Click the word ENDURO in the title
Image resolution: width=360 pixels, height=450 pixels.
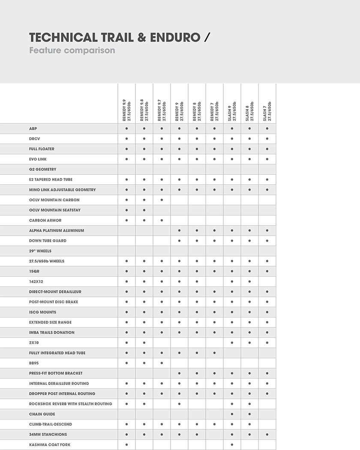(175, 38)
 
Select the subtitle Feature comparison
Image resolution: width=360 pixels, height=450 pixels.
(72, 51)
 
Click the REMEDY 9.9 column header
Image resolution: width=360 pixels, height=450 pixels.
(126, 110)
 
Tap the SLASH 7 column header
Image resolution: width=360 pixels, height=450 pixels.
(267, 110)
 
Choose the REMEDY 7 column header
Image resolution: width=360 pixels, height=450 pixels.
(214, 110)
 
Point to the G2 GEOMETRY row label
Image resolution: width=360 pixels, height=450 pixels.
(43, 170)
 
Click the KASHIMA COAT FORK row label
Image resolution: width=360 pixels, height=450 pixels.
(50, 445)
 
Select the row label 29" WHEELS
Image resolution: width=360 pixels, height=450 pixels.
(40, 251)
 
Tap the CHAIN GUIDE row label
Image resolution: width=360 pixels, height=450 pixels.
(42, 414)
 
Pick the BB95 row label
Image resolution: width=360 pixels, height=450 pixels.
(34, 363)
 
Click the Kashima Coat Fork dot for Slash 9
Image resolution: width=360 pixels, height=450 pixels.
(232, 445)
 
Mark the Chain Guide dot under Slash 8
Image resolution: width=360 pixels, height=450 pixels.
(249, 414)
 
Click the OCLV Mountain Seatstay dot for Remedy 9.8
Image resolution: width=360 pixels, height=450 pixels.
(144, 210)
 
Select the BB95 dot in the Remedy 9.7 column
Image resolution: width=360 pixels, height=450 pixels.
(162, 363)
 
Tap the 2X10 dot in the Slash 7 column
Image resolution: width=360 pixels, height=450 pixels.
(267, 343)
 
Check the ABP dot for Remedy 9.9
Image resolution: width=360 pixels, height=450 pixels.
(126, 128)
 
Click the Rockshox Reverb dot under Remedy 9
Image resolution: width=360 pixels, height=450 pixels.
(179, 404)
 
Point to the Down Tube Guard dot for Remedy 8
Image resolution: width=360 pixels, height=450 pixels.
(197, 241)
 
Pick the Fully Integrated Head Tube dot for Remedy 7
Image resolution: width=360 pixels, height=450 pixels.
(214, 353)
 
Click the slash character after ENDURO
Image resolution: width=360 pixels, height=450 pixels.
(207, 38)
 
